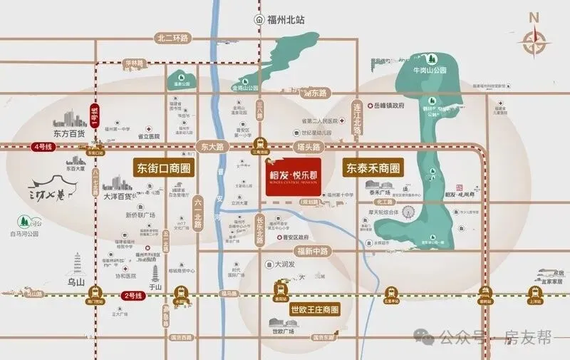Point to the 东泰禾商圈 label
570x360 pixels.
point(372,169)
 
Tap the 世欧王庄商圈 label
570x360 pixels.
point(313,310)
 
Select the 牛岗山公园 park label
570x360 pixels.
point(430,71)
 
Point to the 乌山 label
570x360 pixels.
point(76,282)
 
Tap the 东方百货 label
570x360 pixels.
point(69,133)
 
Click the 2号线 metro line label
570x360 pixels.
point(134,294)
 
